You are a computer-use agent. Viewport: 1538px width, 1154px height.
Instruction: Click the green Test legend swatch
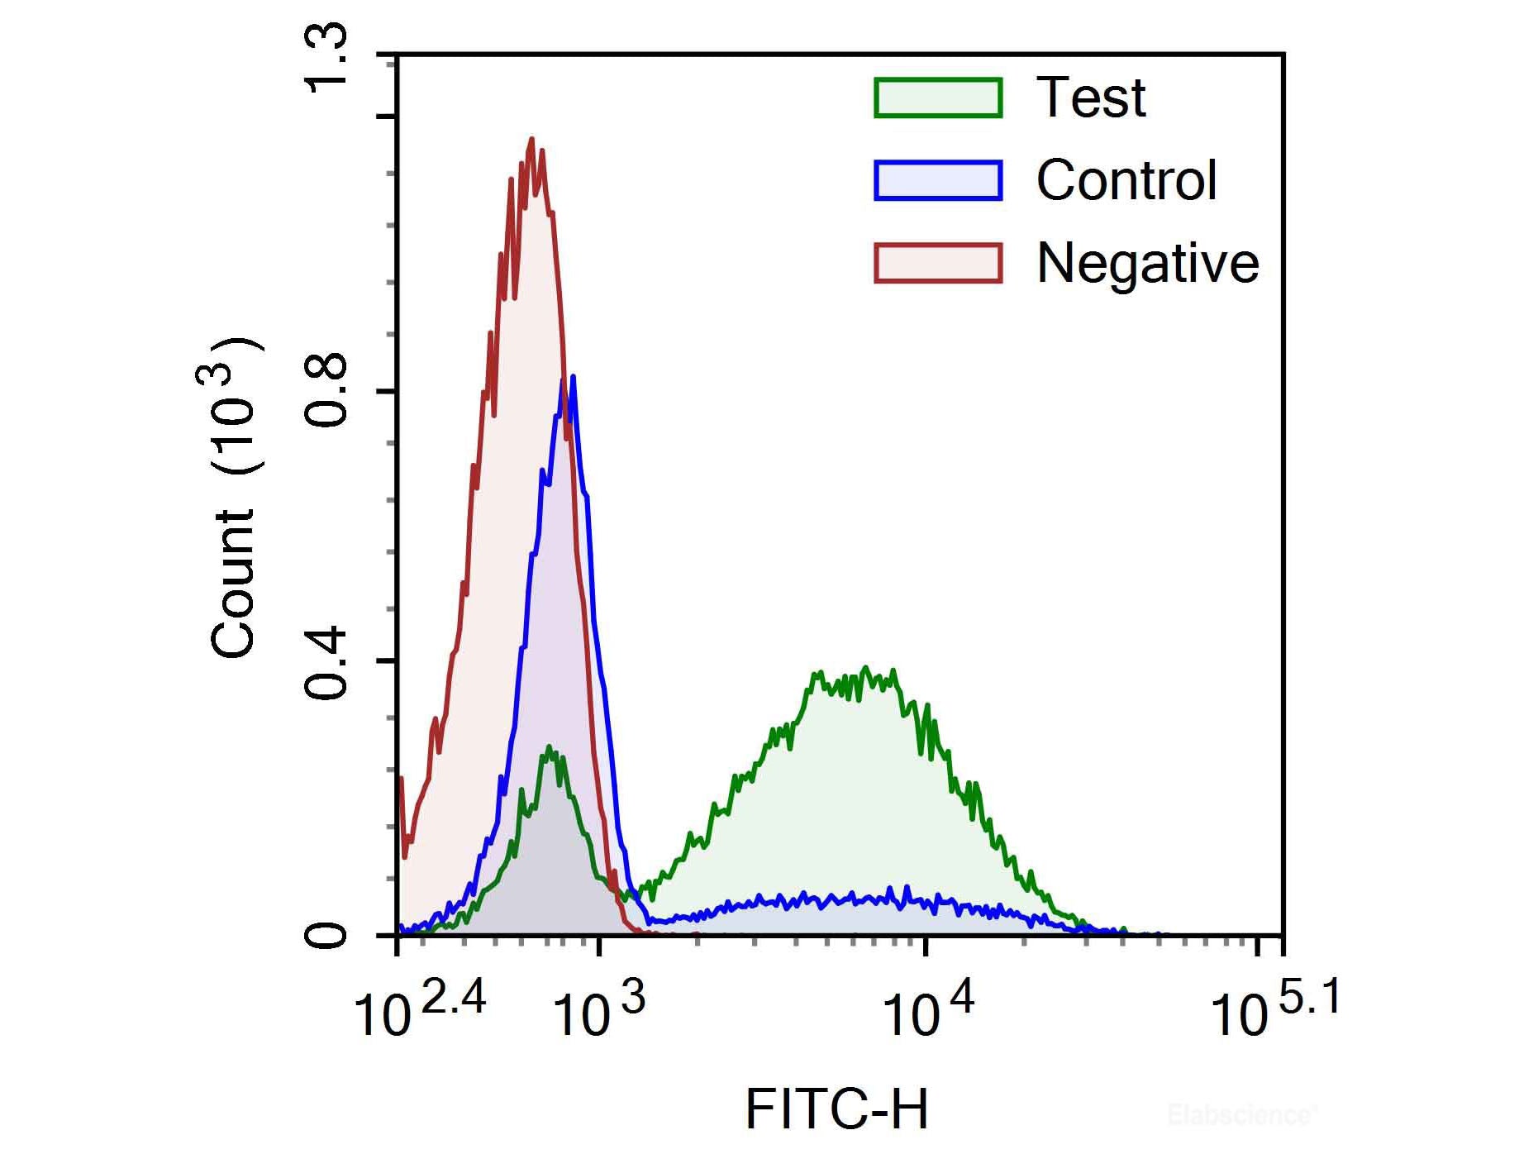938,98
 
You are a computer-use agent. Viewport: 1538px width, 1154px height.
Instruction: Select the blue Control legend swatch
938,180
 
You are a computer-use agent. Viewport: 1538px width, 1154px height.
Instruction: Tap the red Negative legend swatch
938,263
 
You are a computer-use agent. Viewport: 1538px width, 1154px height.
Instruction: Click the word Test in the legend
1091,98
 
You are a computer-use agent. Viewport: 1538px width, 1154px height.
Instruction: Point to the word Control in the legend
1126,180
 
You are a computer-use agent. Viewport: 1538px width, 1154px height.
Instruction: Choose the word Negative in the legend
1148,265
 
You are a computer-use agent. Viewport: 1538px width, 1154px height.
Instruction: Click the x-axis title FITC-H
836,1109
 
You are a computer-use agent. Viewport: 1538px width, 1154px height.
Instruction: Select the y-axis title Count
233,583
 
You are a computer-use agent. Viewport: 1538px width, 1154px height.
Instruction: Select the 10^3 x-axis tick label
598,1011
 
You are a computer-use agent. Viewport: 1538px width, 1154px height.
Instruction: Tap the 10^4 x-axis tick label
927,1011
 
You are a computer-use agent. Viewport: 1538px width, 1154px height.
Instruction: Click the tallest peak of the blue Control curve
572,377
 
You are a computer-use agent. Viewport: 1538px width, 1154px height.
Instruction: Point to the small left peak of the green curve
550,747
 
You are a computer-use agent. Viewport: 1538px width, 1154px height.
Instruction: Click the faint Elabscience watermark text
1240,1115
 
